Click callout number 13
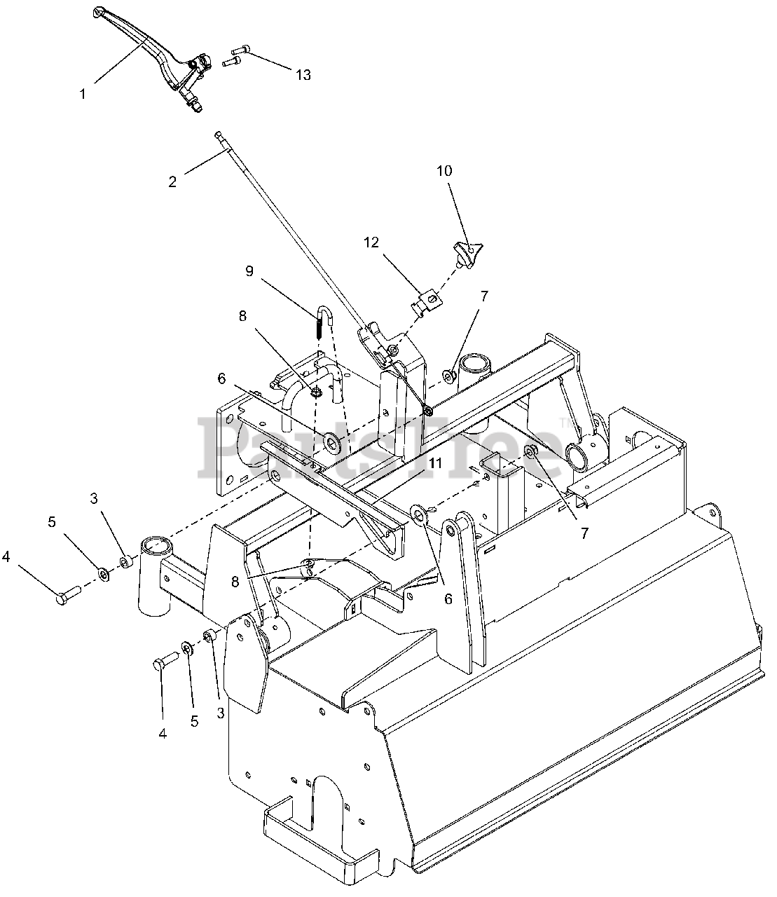pyautogui.click(x=303, y=75)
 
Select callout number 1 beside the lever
pyautogui.click(x=83, y=94)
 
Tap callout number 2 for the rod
pyautogui.click(x=172, y=182)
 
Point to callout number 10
pyautogui.click(x=444, y=170)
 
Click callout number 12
pyautogui.click(x=371, y=242)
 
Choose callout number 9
pyautogui.click(x=249, y=271)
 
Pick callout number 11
pyautogui.click(x=435, y=463)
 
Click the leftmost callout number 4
pyautogui.click(x=6, y=556)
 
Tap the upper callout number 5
pyautogui.click(x=52, y=522)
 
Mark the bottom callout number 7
pyautogui.click(x=584, y=533)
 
